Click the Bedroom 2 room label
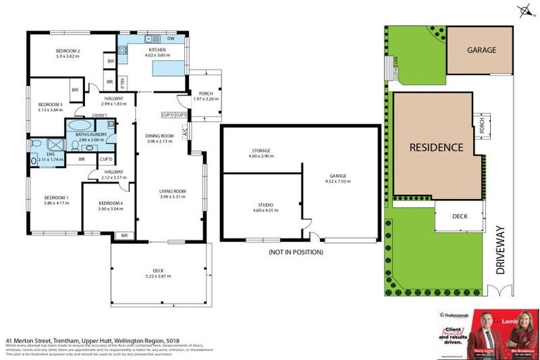tap(67, 51)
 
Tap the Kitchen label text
tap(156, 51)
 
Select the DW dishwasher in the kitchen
tap(170, 38)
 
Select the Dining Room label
tap(160, 136)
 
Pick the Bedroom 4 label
tap(110, 203)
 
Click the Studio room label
tap(261, 205)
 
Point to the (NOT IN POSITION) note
tap(295, 251)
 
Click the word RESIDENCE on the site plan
tap(437, 148)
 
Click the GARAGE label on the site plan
tap(482, 51)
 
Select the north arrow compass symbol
tap(524, 10)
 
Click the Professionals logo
tap(454, 315)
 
